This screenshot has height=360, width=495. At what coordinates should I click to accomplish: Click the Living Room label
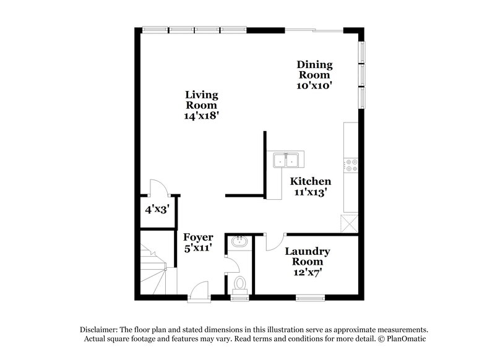click(202, 105)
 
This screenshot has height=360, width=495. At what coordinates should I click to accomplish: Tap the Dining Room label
click(314, 75)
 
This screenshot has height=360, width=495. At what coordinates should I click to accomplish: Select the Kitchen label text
click(311, 186)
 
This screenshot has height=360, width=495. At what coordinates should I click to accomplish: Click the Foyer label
click(198, 242)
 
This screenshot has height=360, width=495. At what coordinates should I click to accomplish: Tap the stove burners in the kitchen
click(350, 165)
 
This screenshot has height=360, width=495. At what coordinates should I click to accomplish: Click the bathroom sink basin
click(238, 242)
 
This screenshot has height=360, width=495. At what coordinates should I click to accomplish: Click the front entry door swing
click(199, 290)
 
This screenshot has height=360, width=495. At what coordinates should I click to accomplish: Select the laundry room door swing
click(274, 242)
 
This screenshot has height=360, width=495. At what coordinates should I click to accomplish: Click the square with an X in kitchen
click(349, 223)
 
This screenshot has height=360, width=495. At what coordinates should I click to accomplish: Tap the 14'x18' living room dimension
click(202, 116)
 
